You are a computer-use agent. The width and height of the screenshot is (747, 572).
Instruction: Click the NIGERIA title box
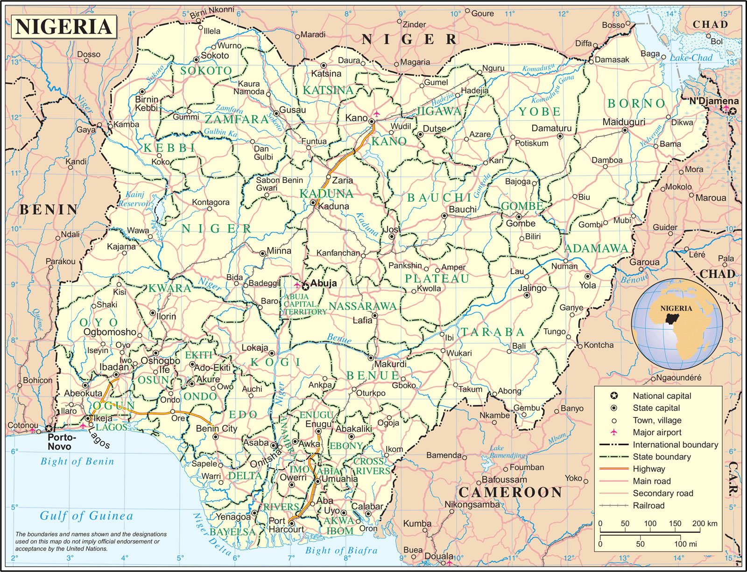(64, 27)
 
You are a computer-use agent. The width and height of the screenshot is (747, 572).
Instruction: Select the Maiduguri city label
(624, 122)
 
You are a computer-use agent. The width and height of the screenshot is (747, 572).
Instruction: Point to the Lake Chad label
(691, 58)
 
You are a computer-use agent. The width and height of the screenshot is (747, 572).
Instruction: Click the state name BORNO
(636, 104)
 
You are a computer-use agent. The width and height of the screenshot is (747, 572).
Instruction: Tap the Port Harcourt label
(286, 525)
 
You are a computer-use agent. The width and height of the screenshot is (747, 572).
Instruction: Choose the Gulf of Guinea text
(86, 516)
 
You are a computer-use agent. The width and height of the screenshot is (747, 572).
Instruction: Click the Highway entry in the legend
(648, 469)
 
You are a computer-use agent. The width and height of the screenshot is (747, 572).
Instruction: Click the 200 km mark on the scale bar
(705, 523)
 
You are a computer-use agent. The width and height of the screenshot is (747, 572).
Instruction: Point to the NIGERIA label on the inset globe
(676, 309)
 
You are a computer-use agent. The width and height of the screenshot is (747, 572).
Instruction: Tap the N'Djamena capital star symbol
(733, 111)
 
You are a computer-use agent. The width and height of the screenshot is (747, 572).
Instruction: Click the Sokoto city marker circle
(197, 60)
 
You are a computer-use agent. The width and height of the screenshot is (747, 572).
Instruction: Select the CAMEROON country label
(510, 492)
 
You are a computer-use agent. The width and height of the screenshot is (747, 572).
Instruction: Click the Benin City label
(217, 429)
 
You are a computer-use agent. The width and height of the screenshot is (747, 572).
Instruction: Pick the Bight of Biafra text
(341, 551)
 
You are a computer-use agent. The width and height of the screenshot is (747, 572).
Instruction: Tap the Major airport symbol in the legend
(614, 432)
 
